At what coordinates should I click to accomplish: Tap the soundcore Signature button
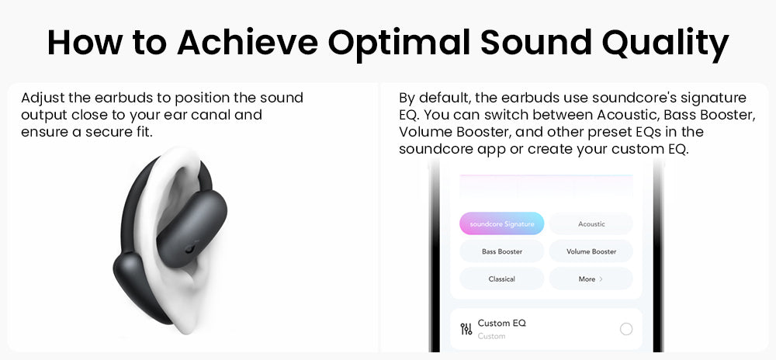tap(502, 224)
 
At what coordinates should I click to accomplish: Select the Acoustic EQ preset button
tap(591, 224)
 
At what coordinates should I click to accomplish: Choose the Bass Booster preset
tap(502, 251)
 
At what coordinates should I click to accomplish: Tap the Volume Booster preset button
tap(591, 251)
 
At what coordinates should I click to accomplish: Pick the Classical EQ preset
tap(502, 279)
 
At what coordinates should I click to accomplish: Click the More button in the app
tap(591, 279)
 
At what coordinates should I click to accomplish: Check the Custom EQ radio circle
tap(625, 329)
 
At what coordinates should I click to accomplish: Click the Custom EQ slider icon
tap(466, 329)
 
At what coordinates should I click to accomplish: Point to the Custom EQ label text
tap(501, 323)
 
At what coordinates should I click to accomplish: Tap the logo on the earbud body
tap(190, 248)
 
